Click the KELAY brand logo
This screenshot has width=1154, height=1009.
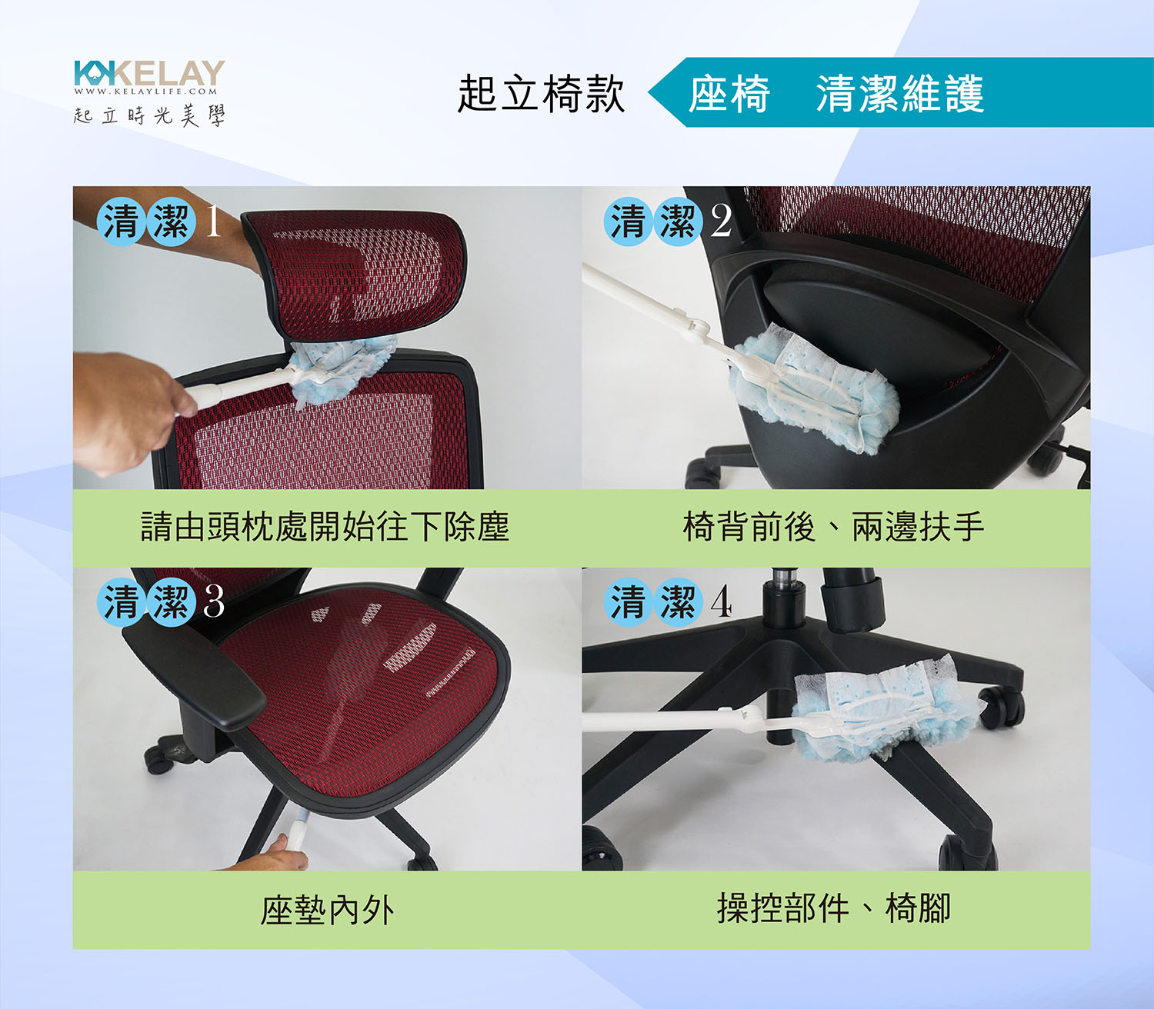149,73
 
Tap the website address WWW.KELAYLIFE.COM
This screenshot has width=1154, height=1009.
146,92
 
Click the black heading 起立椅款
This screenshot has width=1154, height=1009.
541,94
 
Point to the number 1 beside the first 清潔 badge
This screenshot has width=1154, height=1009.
213,221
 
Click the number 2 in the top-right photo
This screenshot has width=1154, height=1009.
721,221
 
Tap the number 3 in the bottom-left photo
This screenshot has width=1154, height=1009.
214,601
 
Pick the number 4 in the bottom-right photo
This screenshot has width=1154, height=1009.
722,601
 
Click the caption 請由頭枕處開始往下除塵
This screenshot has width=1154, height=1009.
325,527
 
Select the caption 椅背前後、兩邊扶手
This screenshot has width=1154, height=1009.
833,527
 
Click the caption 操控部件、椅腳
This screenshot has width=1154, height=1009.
834,908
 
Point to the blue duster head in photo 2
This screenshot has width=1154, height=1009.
812,389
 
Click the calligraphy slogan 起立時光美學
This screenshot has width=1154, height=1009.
149,115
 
